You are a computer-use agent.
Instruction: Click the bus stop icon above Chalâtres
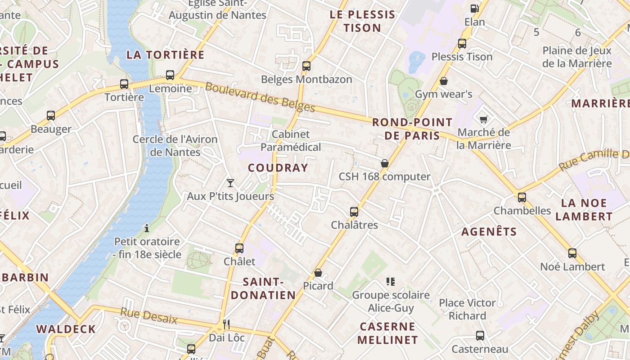354,211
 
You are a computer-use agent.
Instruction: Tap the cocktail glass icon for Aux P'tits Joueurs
230,183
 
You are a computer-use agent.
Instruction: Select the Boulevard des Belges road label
260,97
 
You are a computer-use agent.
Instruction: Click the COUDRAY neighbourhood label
278,168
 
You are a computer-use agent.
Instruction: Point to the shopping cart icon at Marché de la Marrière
484,119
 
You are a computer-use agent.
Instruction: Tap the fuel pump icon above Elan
474,8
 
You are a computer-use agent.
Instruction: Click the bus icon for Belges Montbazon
306,66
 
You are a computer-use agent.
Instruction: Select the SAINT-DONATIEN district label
269,288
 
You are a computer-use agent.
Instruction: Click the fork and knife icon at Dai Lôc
226,324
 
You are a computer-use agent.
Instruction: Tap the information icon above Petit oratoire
146,228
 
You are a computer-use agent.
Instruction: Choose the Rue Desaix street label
149,315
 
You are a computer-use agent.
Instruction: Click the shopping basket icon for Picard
318,273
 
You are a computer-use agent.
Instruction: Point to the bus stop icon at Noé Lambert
572,253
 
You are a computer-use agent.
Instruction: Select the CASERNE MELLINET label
387,333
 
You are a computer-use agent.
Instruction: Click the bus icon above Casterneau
480,335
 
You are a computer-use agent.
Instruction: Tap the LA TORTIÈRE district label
165,55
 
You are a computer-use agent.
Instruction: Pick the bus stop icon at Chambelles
522,197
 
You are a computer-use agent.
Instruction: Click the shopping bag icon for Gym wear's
444,81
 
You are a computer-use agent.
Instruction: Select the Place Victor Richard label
467,309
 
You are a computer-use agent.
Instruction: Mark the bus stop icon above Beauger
51,116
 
